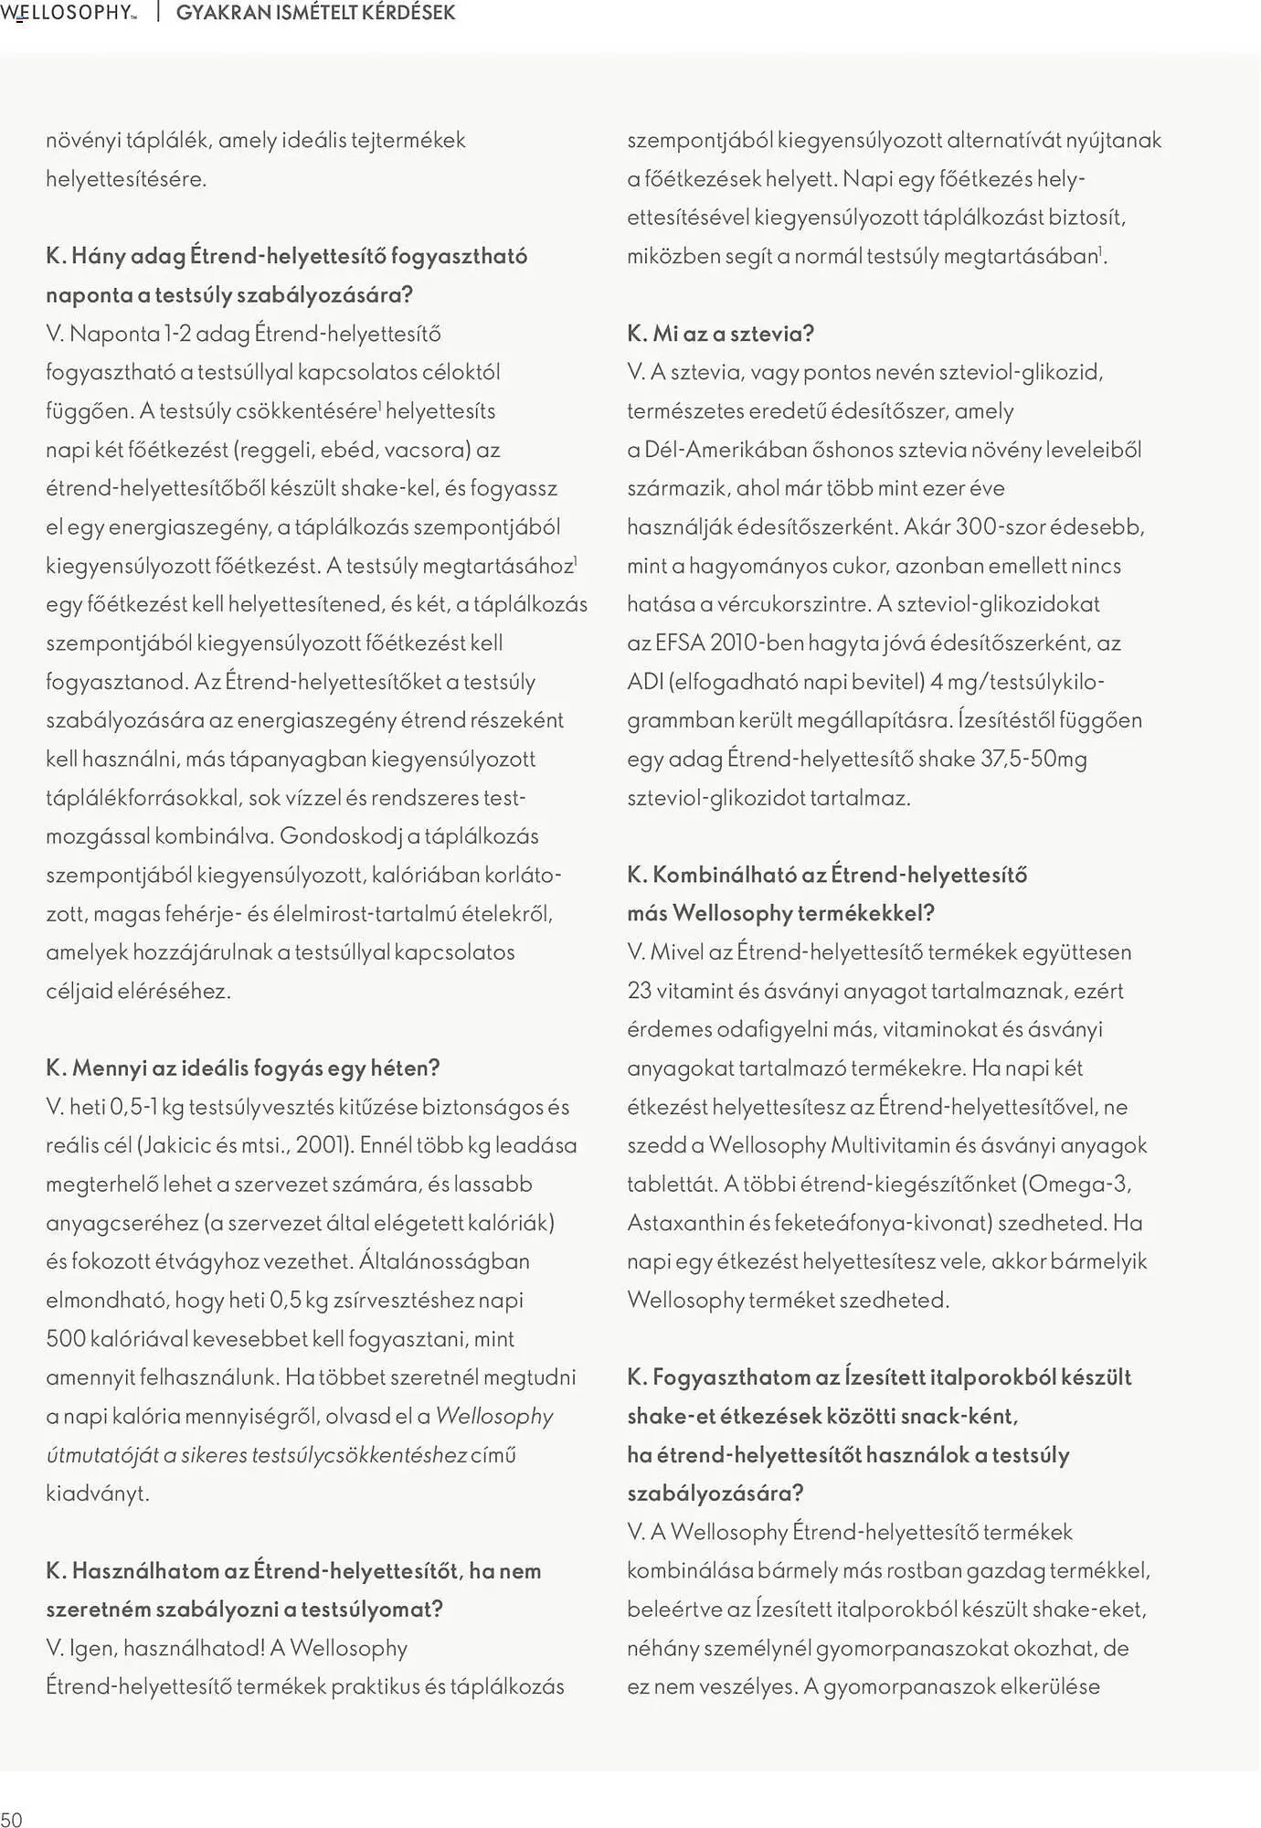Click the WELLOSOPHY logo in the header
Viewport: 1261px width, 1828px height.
point(69,13)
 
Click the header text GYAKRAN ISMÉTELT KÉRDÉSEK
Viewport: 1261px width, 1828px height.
point(315,13)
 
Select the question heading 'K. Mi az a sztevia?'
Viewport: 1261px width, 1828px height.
point(720,334)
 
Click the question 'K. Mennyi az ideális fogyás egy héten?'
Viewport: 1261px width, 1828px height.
point(243,1068)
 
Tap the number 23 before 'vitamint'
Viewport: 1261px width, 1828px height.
point(639,991)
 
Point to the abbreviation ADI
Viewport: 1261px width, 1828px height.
point(644,682)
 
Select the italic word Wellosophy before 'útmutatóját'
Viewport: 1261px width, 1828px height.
point(494,1416)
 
